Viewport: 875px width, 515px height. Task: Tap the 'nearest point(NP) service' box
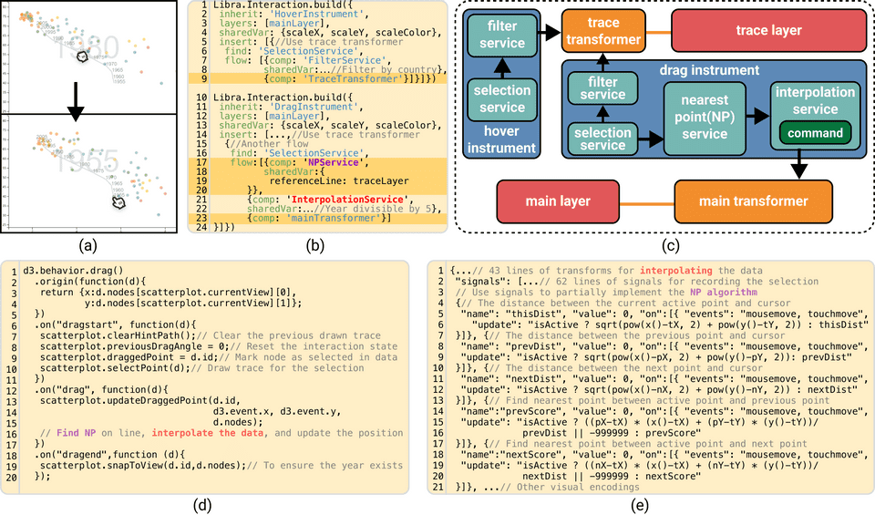pyautogui.click(x=700, y=116)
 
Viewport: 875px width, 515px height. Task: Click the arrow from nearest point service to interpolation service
pyautogui.click(x=753, y=117)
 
